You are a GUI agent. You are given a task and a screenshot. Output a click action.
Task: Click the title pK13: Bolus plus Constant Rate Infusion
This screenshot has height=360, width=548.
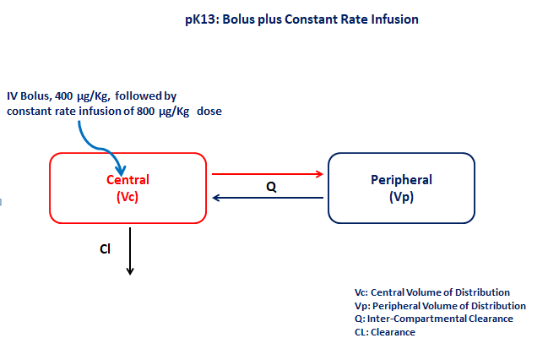[x=301, y=19]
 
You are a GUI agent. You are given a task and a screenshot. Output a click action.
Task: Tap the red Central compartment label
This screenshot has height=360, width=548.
[x=128, y=180]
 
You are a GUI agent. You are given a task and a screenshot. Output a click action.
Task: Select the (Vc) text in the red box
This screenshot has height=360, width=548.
[x=128, y=197]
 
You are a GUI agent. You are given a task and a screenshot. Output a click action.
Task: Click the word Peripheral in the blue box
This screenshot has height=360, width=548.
[x=401, y=180]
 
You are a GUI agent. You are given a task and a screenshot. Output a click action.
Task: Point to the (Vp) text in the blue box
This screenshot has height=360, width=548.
[x=401, y=197]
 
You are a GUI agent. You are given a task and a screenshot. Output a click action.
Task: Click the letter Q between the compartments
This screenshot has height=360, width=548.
[x=271, y=187]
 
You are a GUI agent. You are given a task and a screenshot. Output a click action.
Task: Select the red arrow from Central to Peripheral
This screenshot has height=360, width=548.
[x=268, y=174]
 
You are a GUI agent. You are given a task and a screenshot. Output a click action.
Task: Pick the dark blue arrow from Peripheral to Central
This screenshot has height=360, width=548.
[x=268, y=198]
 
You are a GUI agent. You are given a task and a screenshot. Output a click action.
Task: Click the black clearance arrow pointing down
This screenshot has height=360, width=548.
[x=130, y=251]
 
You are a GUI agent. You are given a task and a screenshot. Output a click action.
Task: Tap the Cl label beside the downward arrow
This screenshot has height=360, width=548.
[x=106, y=249]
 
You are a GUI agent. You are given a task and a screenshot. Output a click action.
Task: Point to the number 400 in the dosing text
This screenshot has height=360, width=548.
[x=63, y=95]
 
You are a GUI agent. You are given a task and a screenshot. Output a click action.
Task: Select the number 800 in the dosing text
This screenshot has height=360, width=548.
[x=146, y=112]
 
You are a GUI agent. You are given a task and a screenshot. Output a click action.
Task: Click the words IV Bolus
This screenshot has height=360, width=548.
[x=30, y=96]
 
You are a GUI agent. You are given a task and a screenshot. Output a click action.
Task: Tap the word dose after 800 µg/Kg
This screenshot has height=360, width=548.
[x=209, y=112]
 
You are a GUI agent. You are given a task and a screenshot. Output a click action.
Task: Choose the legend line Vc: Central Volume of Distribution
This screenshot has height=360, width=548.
[x=432, y=292]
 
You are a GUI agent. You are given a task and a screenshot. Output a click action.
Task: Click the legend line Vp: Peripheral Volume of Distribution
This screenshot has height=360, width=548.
[x=440, y=306]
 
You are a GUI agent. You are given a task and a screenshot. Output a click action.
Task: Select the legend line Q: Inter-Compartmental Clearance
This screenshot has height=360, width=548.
[x=434, y=319]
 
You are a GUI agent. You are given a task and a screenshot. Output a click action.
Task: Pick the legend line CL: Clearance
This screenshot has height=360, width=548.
[x=385, y=332]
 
